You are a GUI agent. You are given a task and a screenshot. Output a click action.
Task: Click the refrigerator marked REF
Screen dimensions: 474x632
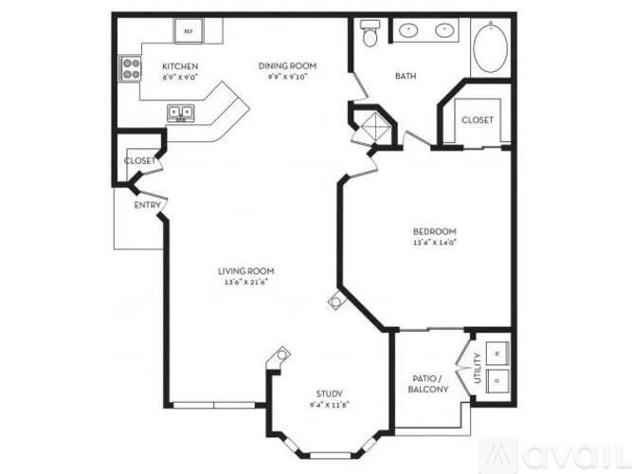188,31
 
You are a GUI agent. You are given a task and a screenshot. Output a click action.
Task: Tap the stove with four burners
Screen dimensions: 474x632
129,68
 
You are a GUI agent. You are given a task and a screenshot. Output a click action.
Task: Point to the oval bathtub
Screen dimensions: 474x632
491,48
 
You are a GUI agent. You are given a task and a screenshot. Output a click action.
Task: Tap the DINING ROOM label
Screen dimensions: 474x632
287,65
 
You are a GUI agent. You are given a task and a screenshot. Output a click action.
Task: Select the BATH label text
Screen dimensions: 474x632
406,78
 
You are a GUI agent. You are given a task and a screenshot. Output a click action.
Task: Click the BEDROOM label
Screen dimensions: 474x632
435,231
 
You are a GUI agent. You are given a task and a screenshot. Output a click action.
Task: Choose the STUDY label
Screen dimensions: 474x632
329,393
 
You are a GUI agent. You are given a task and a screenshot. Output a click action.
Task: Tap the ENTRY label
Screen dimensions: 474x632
147,205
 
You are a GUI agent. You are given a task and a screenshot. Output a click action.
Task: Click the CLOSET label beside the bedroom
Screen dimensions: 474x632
477,120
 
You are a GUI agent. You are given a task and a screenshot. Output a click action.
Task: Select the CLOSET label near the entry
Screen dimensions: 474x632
139,161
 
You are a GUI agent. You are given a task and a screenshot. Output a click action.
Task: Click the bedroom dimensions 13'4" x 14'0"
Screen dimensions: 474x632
435,242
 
